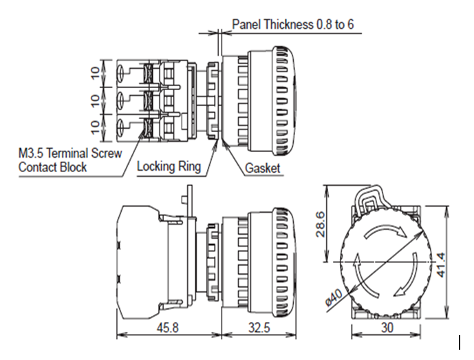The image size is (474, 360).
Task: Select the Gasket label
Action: coord(263,168)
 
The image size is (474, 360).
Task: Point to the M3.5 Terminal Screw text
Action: coord(70,153)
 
